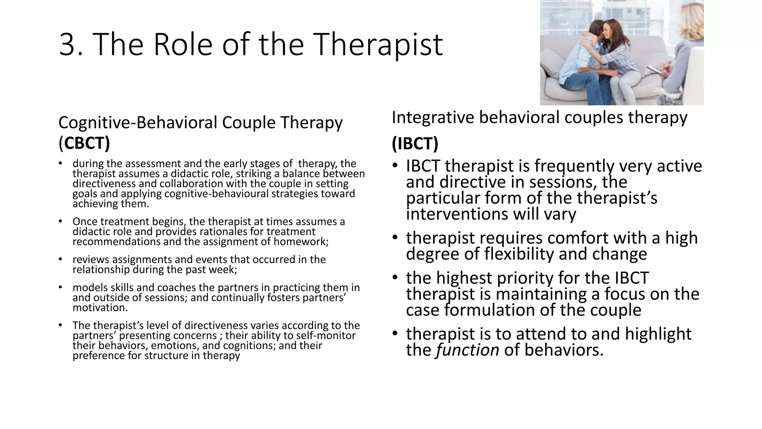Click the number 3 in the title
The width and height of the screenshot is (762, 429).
[x=67, y=45]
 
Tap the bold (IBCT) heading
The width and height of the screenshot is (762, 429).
[x=415, y=143]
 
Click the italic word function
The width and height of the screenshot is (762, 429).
[x=467, y=350]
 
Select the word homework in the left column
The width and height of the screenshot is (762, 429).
[x=301, y=242]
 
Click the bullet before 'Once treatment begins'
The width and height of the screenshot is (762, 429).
[x=60, y=222]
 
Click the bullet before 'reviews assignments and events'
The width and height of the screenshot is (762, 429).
[x=60, y=260]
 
